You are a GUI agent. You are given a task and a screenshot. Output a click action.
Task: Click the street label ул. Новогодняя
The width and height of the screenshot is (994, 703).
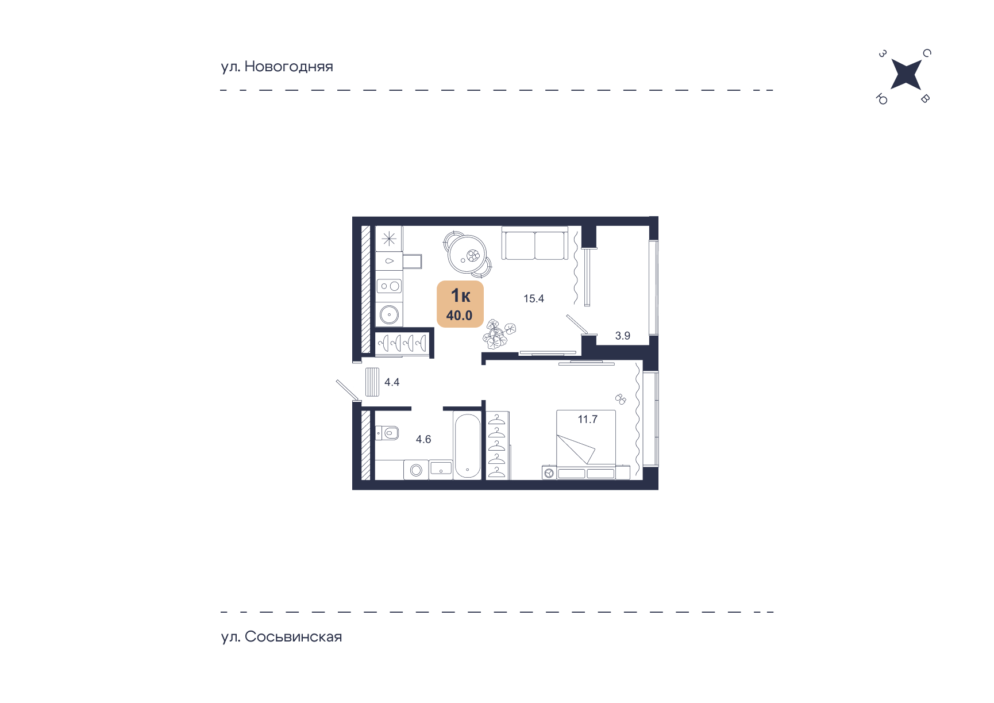click(x=277, y=67)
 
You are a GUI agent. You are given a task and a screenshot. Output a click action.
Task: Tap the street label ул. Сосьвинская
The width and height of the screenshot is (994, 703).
click(x=282, y=637)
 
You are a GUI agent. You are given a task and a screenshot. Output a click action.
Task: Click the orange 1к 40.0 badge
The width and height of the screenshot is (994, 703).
click(x=460, y=304)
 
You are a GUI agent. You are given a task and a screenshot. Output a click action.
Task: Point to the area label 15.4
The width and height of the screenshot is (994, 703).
click(x=533, y=299)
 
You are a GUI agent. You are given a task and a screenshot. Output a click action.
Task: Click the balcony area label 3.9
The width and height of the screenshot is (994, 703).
click(x=623, y=336)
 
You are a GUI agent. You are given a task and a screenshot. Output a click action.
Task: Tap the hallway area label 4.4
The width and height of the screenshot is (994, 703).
click(x=392, y=382)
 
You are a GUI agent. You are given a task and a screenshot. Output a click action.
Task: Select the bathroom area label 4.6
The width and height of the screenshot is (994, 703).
click(x=423, y=439)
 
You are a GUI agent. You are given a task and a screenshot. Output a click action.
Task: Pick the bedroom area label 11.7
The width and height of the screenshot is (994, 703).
click(x=587, y=420)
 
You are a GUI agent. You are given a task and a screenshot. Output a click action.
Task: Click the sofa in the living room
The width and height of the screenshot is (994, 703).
click(x=535, y=243)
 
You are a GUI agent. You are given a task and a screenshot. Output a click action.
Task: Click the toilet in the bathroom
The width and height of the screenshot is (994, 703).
click(x=388, y=432)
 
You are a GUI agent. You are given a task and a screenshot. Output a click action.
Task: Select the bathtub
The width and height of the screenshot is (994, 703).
click(x=467, y=445)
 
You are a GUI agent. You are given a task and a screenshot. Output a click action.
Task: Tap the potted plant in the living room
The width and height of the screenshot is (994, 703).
click(x=498, y=335)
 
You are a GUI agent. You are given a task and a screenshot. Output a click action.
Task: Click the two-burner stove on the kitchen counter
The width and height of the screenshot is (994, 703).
click(x=389, y=286)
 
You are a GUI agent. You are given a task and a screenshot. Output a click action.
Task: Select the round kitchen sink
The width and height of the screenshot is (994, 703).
click(x=389, y=314)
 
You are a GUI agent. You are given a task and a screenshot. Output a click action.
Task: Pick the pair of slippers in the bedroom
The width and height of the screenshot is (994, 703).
click(x=621, y=399)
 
